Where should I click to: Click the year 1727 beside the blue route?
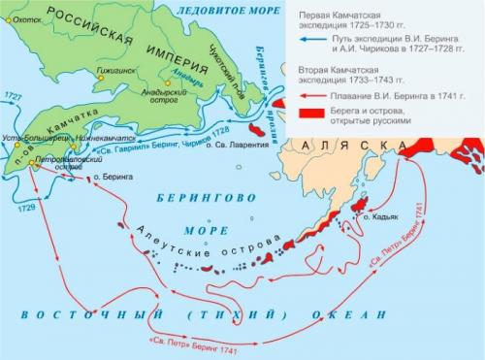point(13,98)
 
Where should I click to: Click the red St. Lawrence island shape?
point(257,127)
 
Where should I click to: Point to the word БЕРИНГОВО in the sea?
point(203,195)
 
